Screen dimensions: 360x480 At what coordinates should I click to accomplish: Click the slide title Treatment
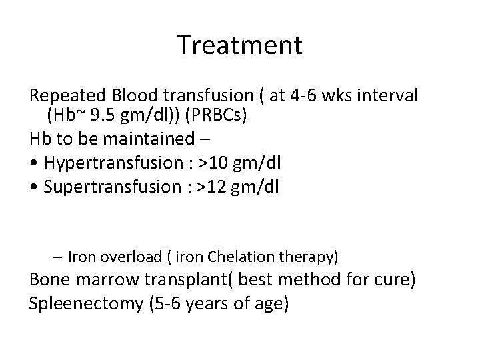click(x=240, y=45)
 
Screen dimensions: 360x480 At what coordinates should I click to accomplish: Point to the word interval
click(x=390, y=96)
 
